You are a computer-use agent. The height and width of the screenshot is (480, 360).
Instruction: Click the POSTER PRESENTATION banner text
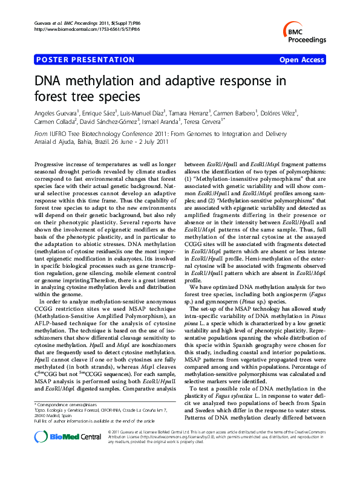tap(85, 60)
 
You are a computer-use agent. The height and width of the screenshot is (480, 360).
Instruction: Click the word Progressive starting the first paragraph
tap(53, 164)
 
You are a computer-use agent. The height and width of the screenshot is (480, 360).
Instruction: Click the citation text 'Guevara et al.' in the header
tap(47, 22)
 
